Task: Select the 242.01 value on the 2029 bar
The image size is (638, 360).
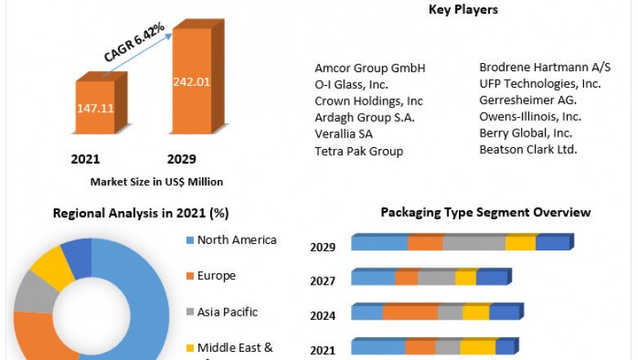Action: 191,81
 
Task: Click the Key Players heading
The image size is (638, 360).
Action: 463,10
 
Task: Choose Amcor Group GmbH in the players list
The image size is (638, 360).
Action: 370,68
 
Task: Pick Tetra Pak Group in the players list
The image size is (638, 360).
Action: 358,151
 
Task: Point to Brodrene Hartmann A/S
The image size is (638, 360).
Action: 545,67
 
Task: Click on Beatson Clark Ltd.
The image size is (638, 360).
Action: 528,149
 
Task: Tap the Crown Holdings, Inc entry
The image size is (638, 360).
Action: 369,101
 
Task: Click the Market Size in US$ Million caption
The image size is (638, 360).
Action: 156,182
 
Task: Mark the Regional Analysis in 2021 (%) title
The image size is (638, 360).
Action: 141,214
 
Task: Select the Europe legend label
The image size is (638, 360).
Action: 216,276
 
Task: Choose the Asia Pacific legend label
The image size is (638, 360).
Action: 227,312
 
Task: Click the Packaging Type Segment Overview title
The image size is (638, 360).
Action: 485,213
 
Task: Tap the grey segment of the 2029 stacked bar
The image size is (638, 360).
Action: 474,243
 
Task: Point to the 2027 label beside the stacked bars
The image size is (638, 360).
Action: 323,281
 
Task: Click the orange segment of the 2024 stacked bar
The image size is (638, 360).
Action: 410,313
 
